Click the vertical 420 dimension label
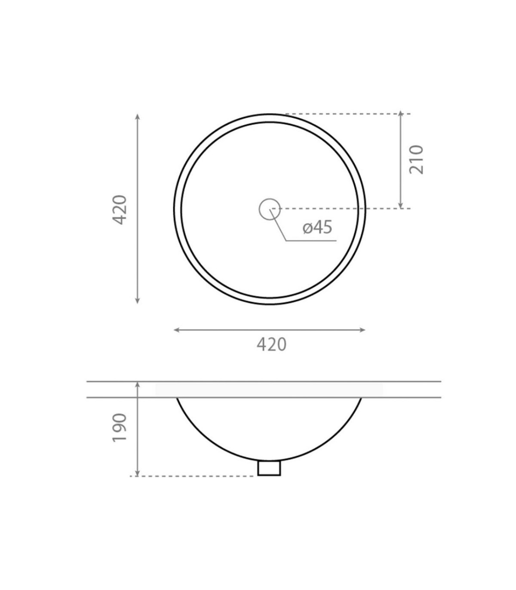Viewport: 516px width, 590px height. [x=120, y=210]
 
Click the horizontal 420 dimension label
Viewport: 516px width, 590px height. [x=272, y=344]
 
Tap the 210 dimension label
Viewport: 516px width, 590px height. [x=416, y=160]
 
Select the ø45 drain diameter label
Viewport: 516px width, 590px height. [x=317, y=227]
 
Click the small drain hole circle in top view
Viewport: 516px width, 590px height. [x=270, y=209]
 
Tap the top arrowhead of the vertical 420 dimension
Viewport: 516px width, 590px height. [x=138, y=117]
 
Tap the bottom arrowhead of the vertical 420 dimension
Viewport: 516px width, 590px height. [x=138, y=301]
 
